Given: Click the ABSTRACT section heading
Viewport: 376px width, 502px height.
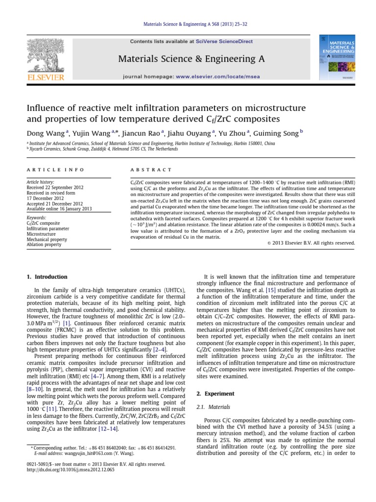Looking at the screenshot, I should point(150,170).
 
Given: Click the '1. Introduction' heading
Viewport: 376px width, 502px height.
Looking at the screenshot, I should point(47,277).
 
